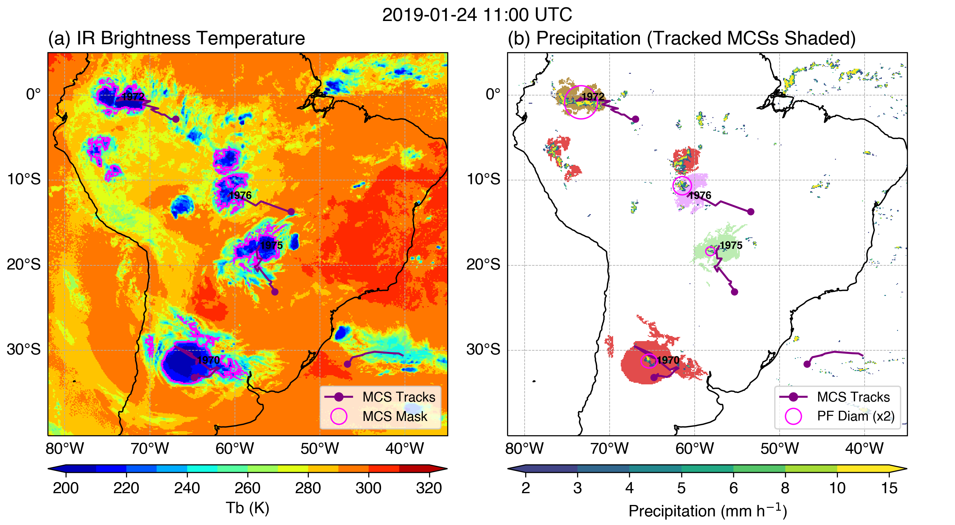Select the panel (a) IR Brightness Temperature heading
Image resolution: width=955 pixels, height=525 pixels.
pyautogui.click(x=176, y=38)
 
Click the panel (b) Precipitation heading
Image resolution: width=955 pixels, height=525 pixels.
pyautogui.click(x=682, y=38)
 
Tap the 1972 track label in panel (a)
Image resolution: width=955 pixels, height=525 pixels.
pyautogui.click(x=133, y=97)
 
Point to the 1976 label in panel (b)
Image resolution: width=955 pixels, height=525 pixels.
pyautogui.click(x=700, y=195)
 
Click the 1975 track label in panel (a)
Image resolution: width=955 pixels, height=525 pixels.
pyautogui.click(x=271, y=245)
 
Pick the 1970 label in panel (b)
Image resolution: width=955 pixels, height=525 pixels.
pyautogui.click(x=668, y=360)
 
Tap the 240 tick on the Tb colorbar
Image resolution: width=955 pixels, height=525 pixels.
pyautogui.click(x=187, y=488)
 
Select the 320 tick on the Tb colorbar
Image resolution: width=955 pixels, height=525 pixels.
pyautogui.click(x=429, y=488)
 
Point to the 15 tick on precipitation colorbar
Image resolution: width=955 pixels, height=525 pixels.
pyautogui.click(x=889, y=488)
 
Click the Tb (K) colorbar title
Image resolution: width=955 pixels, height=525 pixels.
pyautogui.click(x=247, y=508)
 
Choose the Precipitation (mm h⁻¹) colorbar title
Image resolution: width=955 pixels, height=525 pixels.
pyautogui.click(x=707, y=511)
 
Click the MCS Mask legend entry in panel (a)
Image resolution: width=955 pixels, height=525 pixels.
pyautogui.click(x=395, y=416)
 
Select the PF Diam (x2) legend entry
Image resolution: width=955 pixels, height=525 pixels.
pyautogui.click(x=856, y=416)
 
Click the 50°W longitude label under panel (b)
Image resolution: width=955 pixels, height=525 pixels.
pyautogui.click(x=779, y=449)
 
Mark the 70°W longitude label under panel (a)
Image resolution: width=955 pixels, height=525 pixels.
pyautogui.click(x=150, y=449)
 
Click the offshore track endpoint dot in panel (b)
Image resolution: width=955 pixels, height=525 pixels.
pyautogui.click(x=807, y=364)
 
